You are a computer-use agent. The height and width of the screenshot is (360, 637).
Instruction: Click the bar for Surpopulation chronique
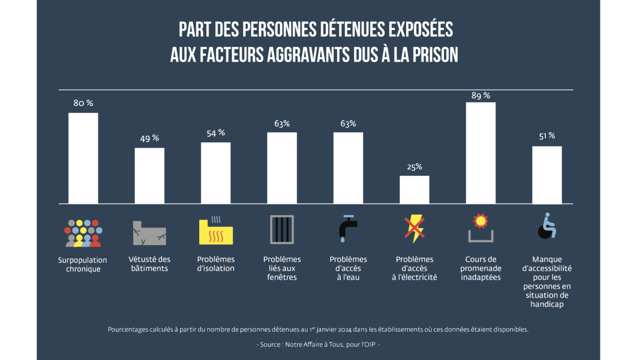click(x=83, y=158)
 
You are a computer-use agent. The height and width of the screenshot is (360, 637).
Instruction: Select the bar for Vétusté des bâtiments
click(x=150, y=176)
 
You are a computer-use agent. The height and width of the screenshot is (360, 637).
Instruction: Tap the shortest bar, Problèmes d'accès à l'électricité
click(x=415, y=190)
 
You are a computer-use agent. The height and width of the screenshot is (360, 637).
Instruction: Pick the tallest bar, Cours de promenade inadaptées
click(x=480, y=153)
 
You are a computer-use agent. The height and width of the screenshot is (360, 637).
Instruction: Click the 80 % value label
click(x=83, y=103)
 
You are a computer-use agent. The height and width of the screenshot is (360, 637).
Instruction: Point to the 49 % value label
click(x=149, y=138)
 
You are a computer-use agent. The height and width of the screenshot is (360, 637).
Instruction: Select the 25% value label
click(x=415, y=167)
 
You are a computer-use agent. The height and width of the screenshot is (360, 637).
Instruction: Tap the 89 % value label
click(x=480, y=96)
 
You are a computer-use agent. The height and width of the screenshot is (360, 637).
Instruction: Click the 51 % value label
click(x=547, y=136)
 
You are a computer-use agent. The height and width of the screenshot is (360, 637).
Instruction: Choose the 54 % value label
click(x=216, y=133)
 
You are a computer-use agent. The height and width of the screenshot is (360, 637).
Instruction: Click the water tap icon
click(x=348, y=228)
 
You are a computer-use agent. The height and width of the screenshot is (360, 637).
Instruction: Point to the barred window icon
click(x=281, y=229)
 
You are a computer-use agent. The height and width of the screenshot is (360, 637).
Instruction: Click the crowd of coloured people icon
click(x=83, y=233)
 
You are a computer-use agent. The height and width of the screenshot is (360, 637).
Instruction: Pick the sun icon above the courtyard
click(x=480, y=219)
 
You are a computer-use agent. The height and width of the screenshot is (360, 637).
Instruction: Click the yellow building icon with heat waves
click(x=216, y=232)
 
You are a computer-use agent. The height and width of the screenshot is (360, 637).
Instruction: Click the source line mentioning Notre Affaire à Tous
click(x=318, y=345)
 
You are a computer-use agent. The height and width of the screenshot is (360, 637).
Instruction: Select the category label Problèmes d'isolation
click(x=216, y=264)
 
